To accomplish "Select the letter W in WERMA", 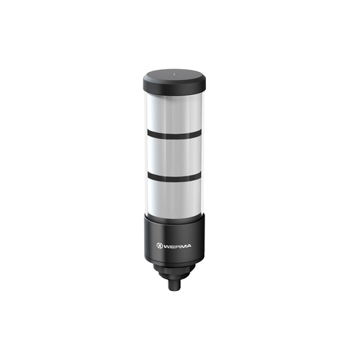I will tap(168, 246).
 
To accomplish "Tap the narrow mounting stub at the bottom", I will tap(174, 285).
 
